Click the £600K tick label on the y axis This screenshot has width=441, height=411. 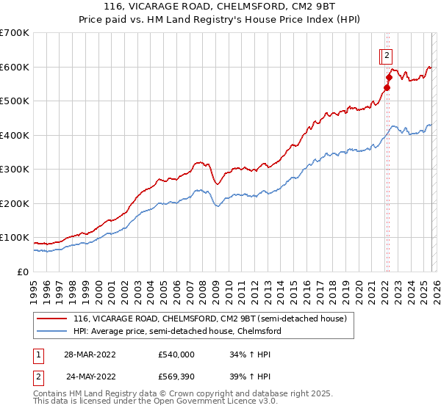click(x=15, y=67)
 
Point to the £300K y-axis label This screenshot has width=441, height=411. click(x=15, y=170)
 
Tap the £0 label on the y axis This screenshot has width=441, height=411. click(x=24, y=272)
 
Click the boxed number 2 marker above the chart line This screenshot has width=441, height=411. click(x=387, y=54)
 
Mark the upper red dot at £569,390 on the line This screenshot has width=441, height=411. click(x=389, y=76)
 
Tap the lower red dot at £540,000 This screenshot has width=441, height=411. click(x=387, y=87)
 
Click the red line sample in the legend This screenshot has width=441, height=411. click(x=51, y=319)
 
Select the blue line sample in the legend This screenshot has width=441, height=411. click(x=51, y=331)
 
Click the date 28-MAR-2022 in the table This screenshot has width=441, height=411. click(x=89, y=354)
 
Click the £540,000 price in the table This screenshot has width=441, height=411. click(x=176, y=354)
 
